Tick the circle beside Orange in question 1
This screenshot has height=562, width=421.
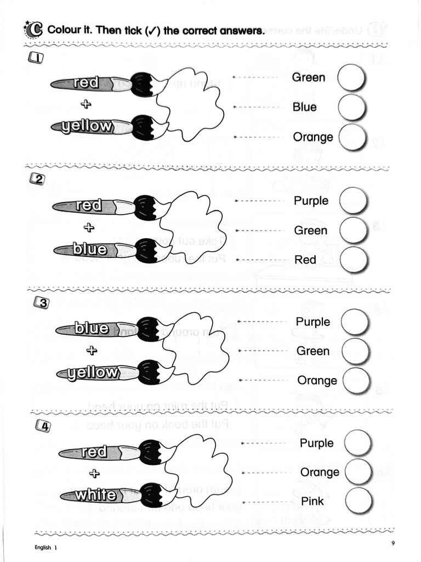coord(352,137)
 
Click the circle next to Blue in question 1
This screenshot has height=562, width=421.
coord(352,108)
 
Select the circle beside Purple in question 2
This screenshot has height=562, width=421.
coord(354,201)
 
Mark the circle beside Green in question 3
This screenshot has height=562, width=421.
coord(356,351)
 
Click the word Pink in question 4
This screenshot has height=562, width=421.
coord(312,501)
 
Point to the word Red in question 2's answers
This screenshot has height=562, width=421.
coord(305,260)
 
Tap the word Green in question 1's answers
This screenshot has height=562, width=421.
coord(308,77)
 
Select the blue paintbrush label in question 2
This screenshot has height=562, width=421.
coord(90,250)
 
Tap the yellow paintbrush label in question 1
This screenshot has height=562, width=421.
coord(87,127)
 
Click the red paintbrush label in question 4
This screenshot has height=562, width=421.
coord(94,453)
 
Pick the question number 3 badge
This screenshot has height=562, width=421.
coord(41,302)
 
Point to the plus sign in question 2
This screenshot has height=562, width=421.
coord(88,228)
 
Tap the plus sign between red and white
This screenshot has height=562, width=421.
coord(95,473)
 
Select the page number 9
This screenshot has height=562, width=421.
coord(393,543)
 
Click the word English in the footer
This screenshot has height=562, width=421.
coord(43,547)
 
